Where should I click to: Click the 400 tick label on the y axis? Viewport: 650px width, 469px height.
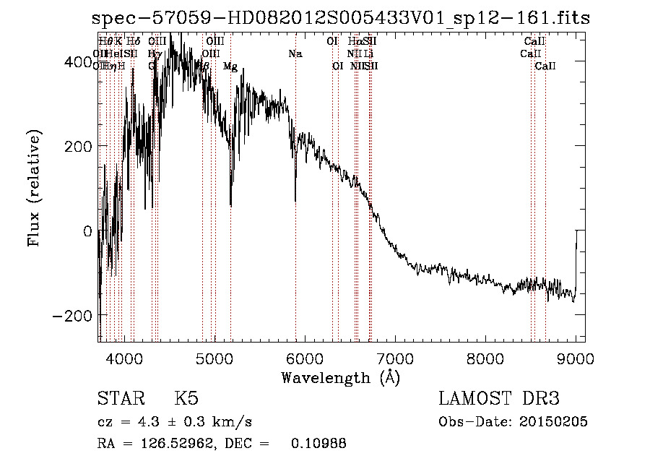coord(76,62)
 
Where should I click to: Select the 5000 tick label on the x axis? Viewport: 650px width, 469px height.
coord(214,358)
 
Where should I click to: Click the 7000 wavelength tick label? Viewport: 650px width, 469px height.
coord(395,358)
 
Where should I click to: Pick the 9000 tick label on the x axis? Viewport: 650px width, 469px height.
coord(576,358)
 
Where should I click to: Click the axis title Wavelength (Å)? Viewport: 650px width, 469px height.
coord(340,377)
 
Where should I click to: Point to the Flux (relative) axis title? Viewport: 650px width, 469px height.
coord(35,188)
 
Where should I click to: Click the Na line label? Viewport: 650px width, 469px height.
coord(295,53)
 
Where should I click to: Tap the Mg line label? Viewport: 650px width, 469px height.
coord(230,66)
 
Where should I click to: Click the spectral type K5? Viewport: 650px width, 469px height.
coord(186,400)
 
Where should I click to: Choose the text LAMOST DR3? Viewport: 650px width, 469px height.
coord(499,400)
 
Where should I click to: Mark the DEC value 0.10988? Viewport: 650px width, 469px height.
coord(318,444)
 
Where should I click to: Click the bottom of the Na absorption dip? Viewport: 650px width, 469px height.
coord(295,201)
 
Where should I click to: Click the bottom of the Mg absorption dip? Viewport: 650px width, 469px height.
coord(230,205)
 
